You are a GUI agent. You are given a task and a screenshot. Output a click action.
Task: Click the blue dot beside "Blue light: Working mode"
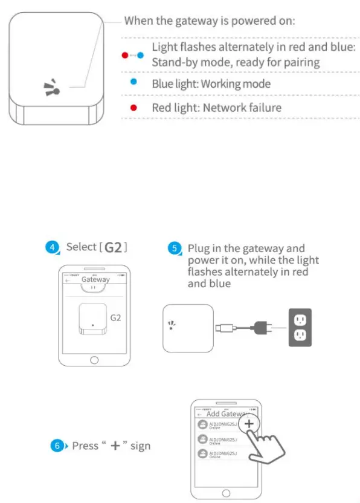(133, 80)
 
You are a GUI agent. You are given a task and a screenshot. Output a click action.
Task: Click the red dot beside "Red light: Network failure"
(133, 107)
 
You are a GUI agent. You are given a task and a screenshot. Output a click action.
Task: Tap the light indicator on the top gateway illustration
(53, 88)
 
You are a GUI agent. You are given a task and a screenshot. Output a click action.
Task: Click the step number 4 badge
(53, 247)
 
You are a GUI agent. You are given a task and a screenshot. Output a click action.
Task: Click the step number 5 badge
(174, 248)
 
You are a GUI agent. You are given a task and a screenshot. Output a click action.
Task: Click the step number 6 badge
(56, 446)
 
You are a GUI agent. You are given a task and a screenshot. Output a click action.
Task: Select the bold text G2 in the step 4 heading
(113, 247)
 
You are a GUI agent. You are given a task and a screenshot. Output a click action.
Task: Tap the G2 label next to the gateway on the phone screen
(117, 317)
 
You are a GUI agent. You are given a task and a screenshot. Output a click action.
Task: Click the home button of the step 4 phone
(94, 360)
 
